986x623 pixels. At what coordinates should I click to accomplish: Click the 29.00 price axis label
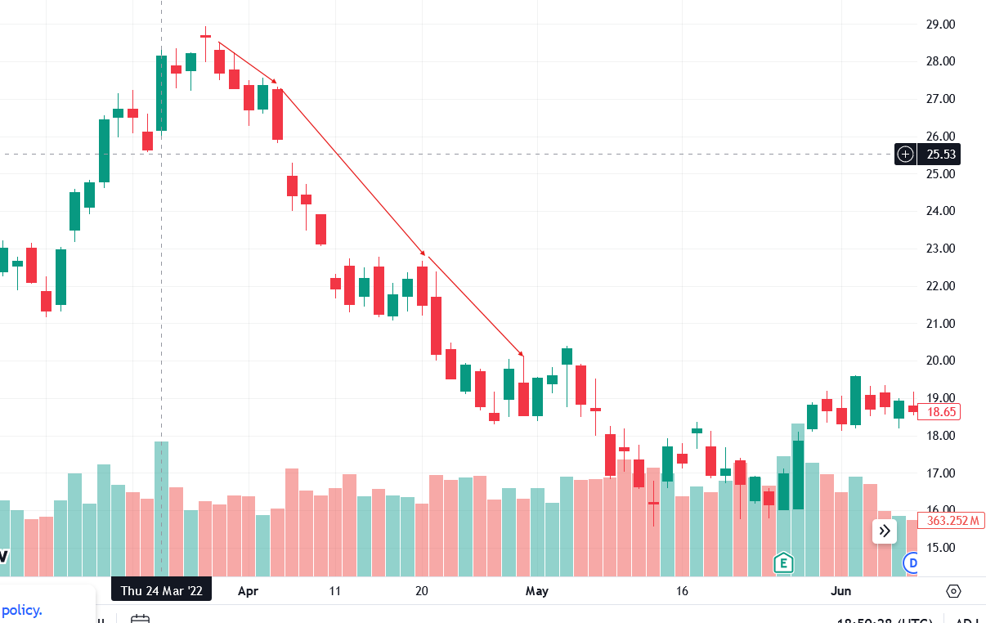940,25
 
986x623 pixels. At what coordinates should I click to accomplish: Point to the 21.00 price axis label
940,324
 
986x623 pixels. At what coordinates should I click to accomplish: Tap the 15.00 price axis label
940,548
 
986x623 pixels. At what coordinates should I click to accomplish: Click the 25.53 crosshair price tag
939,154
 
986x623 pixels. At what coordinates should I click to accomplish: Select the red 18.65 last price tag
939,412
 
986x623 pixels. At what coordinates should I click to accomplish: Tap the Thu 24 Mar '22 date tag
161,590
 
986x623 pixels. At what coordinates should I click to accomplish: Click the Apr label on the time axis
246,590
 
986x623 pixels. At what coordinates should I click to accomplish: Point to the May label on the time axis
536,590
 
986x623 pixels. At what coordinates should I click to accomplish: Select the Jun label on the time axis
840,590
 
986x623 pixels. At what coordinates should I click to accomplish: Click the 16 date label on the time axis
682,590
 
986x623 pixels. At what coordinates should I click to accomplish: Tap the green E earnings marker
783,562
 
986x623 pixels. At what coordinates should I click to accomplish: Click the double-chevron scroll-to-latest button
885,531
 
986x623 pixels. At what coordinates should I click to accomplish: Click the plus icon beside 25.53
905,154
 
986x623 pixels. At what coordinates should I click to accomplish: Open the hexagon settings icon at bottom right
953,591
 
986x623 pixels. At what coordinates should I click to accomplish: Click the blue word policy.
21,610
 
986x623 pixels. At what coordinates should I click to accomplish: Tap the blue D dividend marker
912,562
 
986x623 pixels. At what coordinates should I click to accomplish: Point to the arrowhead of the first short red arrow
276,82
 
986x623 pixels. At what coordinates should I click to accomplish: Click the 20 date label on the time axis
422,590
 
